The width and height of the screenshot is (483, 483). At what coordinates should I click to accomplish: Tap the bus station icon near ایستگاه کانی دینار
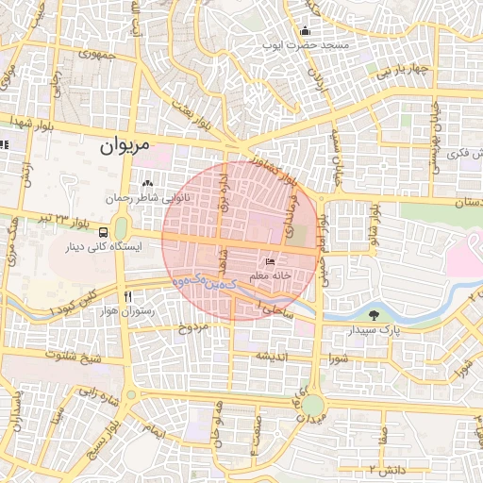(x=102, y=229)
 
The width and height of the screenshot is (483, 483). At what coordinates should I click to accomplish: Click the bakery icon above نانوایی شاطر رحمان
(x=145, y=184)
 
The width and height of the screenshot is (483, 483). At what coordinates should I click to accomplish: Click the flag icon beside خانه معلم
(x=272, y=261)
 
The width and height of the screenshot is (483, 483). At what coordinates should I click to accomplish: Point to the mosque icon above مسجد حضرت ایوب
(x=304, y=30)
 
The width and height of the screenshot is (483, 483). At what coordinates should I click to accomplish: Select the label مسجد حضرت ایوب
(x=322, y=45)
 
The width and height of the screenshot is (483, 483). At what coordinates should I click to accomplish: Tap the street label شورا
(x=339, y=358)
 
